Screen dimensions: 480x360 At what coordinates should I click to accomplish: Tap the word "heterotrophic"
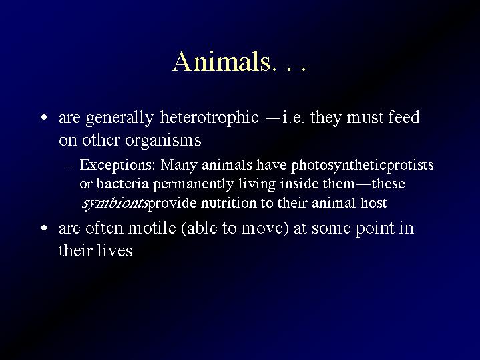209,118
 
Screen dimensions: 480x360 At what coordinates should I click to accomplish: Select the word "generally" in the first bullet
119,118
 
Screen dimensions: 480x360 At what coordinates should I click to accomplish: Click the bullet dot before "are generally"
44,117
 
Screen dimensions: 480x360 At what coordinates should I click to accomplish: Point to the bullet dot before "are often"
44,228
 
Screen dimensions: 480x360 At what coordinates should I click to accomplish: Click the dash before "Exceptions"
69,166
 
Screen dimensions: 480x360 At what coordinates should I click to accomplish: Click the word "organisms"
163,141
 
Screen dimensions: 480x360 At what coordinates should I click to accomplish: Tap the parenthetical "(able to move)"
235,228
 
